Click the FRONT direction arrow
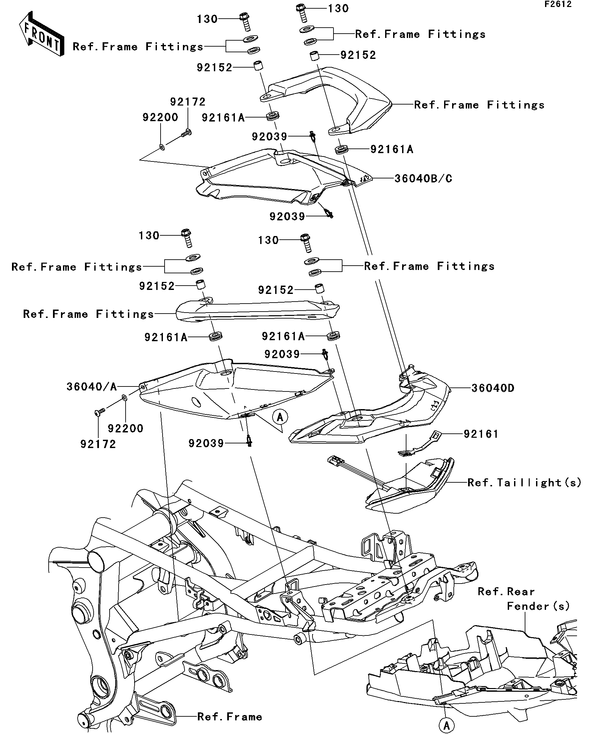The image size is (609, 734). [x=42, y=34]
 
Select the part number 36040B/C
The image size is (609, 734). [x=423, y=179]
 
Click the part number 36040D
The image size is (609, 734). [x=493, y=388]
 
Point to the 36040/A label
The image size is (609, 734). [x=92, y=386]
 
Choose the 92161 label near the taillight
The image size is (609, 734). [x=481, y=434]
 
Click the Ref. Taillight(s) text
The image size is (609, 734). [x=524, y=483]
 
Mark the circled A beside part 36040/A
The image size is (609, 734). [x=280, y=417]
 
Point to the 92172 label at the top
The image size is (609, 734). [x=188, y=102]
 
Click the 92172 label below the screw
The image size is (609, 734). [x=98, y=444]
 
